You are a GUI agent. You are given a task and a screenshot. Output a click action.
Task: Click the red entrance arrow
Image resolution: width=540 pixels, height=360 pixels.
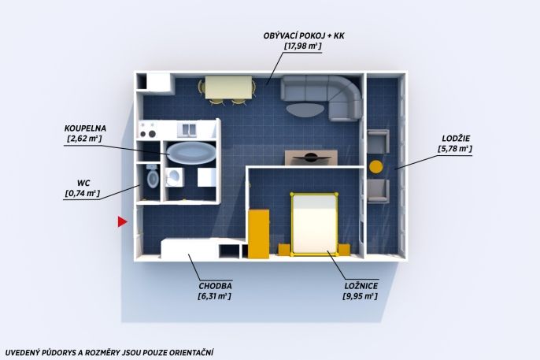tap(122, 222)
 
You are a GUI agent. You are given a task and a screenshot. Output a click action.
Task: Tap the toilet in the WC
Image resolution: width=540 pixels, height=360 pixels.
tap(153, 176)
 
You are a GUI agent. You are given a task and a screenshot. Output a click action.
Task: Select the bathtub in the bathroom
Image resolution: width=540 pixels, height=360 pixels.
tap(191, 153)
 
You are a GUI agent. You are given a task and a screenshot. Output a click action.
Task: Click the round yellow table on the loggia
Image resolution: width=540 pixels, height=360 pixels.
tap(375, 167)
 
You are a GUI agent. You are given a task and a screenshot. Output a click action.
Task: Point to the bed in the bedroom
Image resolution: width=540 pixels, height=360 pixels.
tap(314, 225)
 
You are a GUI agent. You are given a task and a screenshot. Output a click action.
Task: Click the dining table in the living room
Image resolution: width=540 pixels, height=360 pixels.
tap(228, 87)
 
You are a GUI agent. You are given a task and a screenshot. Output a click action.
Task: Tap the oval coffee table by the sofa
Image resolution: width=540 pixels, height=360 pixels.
tap(305, 109)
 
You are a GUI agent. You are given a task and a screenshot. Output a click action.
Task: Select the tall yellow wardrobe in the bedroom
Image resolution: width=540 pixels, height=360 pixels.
tap(259, 234)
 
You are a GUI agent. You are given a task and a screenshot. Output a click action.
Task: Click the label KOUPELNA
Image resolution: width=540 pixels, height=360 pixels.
tap(85, 128)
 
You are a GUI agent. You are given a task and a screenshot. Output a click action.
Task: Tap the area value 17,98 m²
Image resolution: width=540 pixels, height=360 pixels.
tap(303, 46)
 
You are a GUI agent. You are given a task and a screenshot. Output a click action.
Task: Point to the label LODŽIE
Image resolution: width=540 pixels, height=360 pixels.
tap(456, 139)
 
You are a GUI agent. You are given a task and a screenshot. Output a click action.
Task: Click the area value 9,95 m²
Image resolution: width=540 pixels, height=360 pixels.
tap(360, 296)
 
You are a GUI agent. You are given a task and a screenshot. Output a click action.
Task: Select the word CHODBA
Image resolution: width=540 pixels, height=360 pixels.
tap(215, 286)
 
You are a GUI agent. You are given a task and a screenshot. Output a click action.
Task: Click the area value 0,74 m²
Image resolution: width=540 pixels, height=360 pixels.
tap(83, 193)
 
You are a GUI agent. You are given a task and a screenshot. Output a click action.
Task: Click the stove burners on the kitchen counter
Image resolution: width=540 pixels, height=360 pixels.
tap(148, 129)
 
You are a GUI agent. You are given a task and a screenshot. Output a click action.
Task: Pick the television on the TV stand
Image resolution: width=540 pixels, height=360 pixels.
tap(311, 158)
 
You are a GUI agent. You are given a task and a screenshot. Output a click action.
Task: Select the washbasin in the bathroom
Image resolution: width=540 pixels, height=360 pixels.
tap(174, 176)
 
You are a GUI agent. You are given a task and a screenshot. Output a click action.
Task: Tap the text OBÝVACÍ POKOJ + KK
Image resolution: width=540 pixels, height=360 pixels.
tap(304, 35)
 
